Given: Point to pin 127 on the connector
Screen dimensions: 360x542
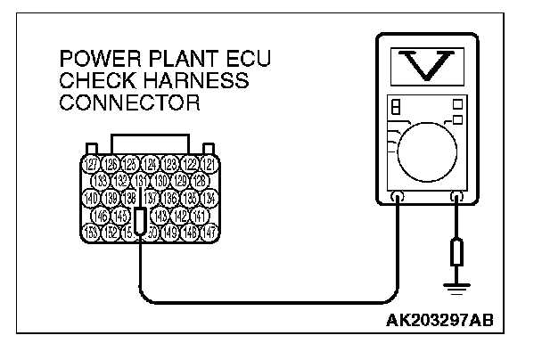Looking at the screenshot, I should coord(90,164).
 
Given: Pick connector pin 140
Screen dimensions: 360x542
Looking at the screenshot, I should coord(90,197).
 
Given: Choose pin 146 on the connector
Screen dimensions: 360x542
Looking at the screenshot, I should coord(102,215).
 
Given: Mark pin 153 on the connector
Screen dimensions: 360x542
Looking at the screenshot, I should coord(90,232).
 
